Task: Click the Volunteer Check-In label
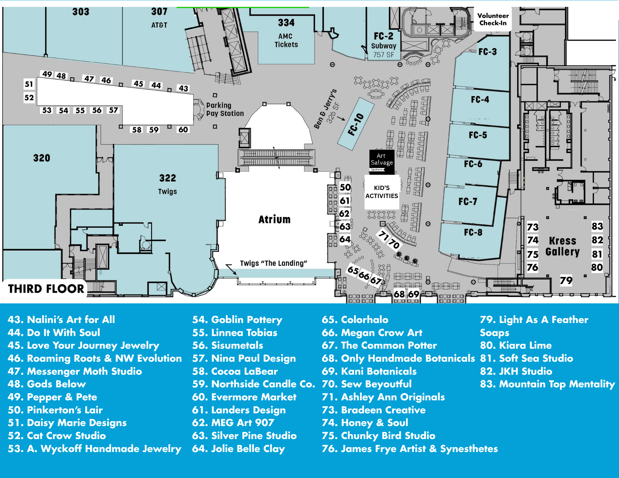(x=493, y=19)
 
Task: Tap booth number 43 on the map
(x=183, y=88)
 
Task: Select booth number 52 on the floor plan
(x=29, y=98)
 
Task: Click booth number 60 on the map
(x=183, y=130)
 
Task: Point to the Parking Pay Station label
(x=225, y=110)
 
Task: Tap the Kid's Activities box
(x=382, y=192)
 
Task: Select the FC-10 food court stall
(x=356, y=124)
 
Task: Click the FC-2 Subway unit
(x=383, y=45)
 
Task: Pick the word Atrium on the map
(x=275, y=219)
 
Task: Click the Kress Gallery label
(x=562, y=246)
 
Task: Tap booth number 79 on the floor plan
(x=566, y=281)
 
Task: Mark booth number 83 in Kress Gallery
(x=597, y=226)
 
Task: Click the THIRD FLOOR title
(x=46, y=289)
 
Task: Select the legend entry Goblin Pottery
(x=237, y=320)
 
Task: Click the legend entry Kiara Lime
(x=516, y=345)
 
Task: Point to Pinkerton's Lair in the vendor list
(x=55, y=410)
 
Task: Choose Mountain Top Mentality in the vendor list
(x=547, y=384)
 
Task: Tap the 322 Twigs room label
(x=167, y=184)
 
